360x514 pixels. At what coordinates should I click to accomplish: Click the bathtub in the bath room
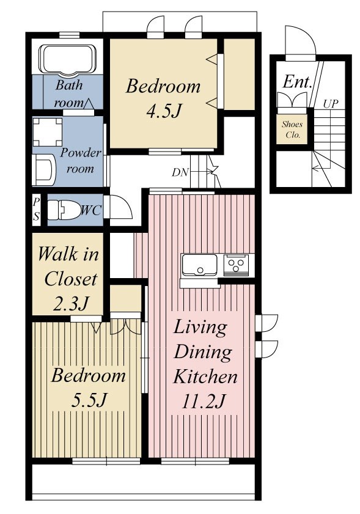coord(68,59)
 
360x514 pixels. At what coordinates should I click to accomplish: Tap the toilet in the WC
coord(65,210)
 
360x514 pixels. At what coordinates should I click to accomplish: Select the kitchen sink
coord(199,265)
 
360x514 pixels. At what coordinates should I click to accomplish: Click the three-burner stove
coord(236,265)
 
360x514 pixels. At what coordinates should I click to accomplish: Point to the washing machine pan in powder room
coord(48,131)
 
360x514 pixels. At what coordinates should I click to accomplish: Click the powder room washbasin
coord(43,170)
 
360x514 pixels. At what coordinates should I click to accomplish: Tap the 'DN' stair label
coord(180,172)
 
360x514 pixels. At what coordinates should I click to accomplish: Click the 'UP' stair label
coord(331,104)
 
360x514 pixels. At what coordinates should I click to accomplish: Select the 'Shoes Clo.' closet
coord(292,129)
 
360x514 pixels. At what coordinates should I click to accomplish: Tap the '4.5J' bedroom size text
coord(164,111)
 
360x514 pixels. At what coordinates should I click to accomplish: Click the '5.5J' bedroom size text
coord(89,400)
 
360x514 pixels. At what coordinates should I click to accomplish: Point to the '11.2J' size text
coord(204,401)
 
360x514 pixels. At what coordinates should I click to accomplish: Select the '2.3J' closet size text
coord(70,304)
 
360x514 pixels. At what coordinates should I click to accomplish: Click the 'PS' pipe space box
coord(36,210)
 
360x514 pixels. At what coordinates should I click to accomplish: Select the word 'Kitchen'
coord(205,376)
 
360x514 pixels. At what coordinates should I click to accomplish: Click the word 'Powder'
coord(81,153)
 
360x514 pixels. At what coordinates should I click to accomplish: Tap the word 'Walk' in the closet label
coord(58,254)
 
